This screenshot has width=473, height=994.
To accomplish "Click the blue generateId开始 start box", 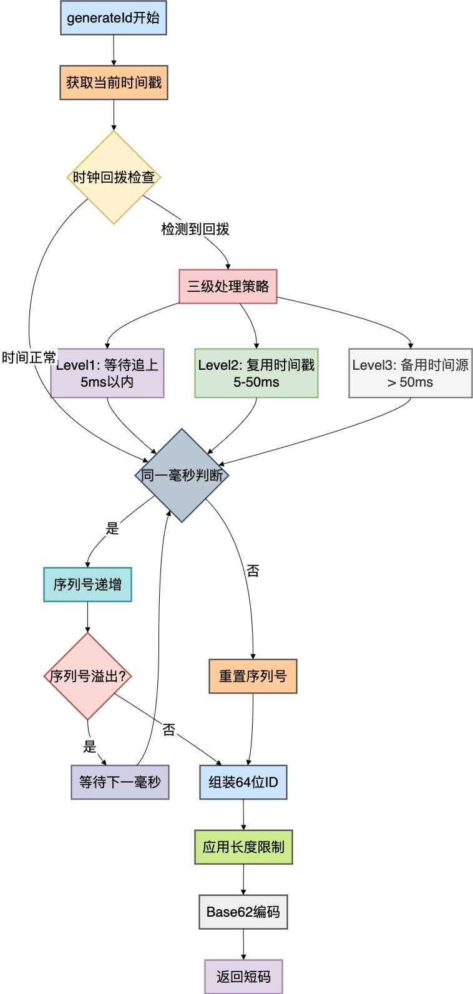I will pos(114,17).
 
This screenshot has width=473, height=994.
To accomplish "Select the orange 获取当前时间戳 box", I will pos(114,82).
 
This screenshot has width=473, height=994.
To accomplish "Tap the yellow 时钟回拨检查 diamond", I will pos(114,177).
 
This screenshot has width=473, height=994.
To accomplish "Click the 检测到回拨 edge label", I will pos(195,229).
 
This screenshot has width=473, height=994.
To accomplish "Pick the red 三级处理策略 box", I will pos(228,286).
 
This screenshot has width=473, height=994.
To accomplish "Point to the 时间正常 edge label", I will pos(29,358).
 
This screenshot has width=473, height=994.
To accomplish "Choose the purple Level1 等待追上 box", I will pos(107,373).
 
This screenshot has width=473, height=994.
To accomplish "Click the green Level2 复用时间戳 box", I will pos(256,373).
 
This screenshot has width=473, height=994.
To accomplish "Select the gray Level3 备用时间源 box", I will pos(410,373).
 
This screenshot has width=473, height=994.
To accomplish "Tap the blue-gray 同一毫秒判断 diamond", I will pos(182,475).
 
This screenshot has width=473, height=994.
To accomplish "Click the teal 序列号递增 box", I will pos(87,584).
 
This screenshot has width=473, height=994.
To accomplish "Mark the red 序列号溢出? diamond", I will pos(88,676).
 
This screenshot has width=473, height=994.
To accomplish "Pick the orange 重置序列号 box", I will pos(253,676).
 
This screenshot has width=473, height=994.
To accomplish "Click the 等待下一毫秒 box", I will pos(120,782).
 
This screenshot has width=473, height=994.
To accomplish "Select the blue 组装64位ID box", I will pos(243,782).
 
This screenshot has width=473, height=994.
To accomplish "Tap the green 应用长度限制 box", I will pos(243,847).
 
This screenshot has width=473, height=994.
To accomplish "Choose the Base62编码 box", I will pos(243,912).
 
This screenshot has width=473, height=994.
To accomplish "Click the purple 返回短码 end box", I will pos(243,977).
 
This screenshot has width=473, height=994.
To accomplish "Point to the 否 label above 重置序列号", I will pos(253,571).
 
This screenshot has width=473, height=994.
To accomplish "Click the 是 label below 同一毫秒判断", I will pos(112,528).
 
